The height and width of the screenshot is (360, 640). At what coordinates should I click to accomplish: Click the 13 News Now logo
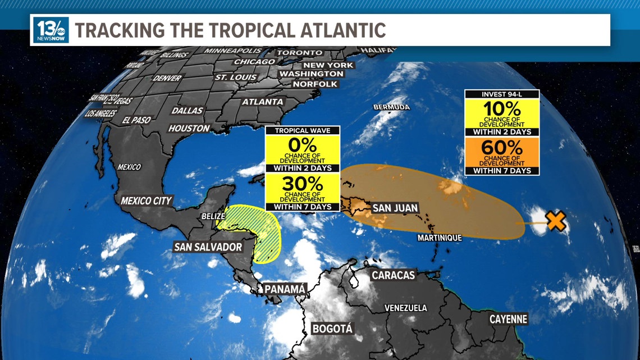[51, 30]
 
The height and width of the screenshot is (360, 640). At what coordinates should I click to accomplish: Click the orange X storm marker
[555, 221]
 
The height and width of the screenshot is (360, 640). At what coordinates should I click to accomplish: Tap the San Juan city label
[395, 208]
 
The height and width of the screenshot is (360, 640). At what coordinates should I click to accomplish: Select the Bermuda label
[392, 107]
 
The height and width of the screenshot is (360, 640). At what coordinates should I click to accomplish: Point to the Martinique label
[440, 238]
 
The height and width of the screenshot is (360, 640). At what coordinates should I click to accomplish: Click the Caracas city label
[393, 275]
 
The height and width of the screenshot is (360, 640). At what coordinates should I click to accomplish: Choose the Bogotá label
[332, 329]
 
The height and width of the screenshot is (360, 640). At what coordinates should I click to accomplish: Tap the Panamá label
[286, 289]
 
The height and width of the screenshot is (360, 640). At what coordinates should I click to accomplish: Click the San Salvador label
[208, 247]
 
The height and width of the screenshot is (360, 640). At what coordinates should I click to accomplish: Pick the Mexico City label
[147, 200]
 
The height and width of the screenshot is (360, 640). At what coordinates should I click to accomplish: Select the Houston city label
[189, 129]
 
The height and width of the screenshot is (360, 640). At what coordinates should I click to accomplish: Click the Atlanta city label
[262, 102]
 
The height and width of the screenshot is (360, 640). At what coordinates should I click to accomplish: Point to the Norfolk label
[315, 84]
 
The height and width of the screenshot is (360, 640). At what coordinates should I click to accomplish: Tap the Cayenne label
[508, 320]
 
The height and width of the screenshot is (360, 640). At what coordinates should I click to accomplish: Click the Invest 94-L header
[502, 94]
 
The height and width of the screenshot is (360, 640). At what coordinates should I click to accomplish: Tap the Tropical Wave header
[303, 130]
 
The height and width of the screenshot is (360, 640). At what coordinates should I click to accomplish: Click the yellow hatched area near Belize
[264, 236]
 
